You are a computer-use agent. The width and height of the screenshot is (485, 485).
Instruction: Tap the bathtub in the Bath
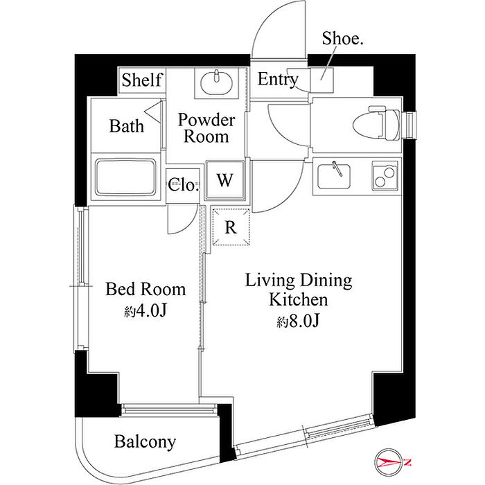pos(125,177)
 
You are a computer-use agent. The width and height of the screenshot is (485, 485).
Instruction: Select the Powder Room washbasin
pos(216,82)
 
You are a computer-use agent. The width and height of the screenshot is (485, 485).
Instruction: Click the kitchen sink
pos(334,175)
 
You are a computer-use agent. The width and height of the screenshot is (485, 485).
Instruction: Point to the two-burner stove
pos(385,176)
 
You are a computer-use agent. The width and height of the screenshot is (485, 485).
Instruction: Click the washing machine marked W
pos(225,179)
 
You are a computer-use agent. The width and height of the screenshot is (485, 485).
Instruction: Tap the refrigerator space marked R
pos(231,227)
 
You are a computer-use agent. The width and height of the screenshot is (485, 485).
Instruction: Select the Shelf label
pos(141,80)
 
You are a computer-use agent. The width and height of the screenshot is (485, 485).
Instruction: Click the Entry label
pos(277,79)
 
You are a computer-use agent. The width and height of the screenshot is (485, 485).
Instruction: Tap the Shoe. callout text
pos(342,39)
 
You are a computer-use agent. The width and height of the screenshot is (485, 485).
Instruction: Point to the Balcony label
pos(145,442)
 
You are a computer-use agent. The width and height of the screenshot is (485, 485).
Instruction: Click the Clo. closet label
pos(183,185)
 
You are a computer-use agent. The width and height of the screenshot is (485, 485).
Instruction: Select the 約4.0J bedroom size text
pos(145,310)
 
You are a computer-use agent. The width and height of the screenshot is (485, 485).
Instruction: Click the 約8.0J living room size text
pos(298,321)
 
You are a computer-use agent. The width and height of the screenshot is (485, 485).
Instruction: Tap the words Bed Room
pos(145,289)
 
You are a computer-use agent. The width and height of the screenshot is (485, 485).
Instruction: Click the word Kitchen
pos(299,299)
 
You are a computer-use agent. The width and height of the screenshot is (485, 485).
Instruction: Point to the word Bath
pos(127,126)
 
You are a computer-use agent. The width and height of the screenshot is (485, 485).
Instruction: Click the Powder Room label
pos(206,128)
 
